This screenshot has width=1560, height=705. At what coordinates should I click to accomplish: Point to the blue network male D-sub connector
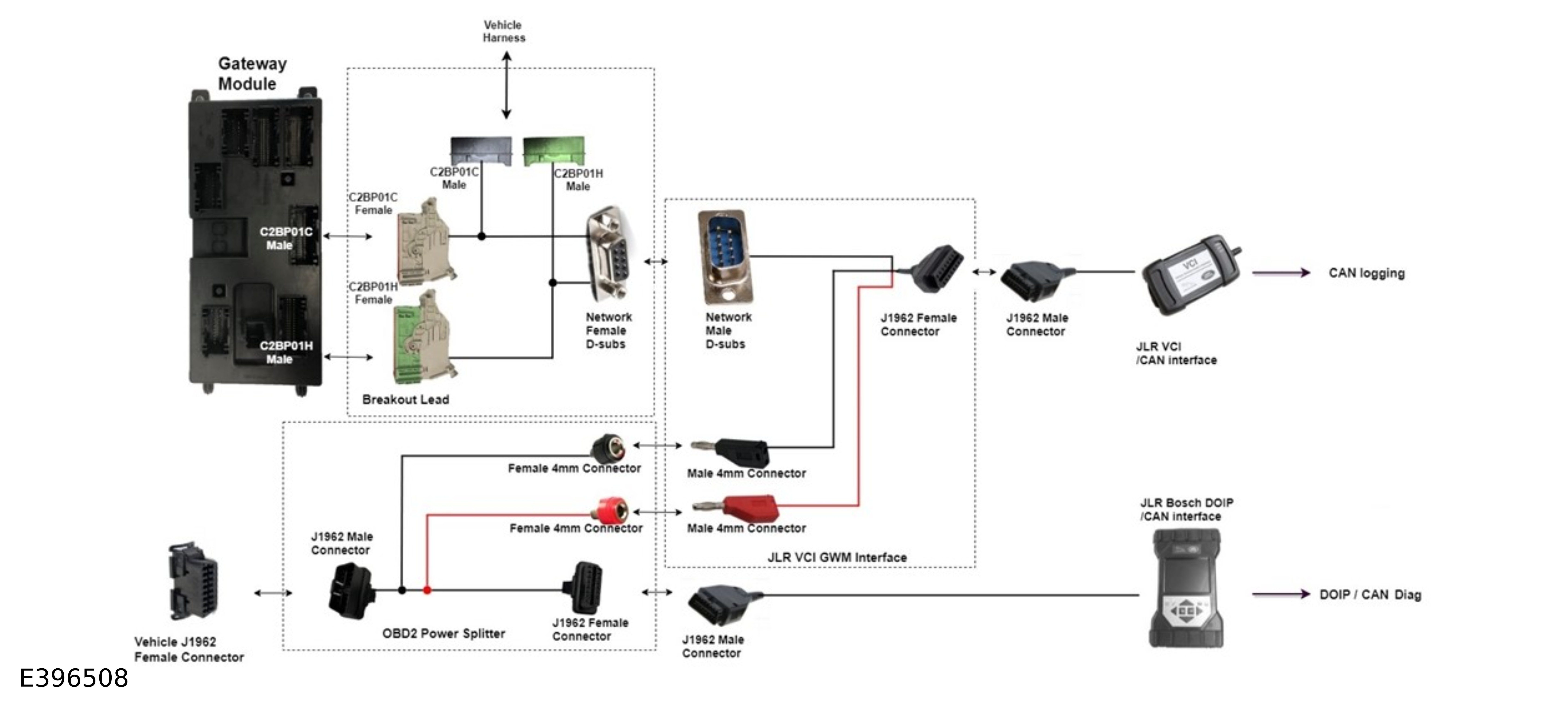tap(724, 256)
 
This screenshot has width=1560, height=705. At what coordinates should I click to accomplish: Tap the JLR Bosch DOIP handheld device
tap(1186, 588)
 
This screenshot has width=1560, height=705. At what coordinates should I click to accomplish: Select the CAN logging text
tap(1366, 273)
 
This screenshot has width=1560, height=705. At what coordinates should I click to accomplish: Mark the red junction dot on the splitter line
tap(427, 590)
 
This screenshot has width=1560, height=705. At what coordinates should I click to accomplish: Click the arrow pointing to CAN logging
tap(1280, 273)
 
